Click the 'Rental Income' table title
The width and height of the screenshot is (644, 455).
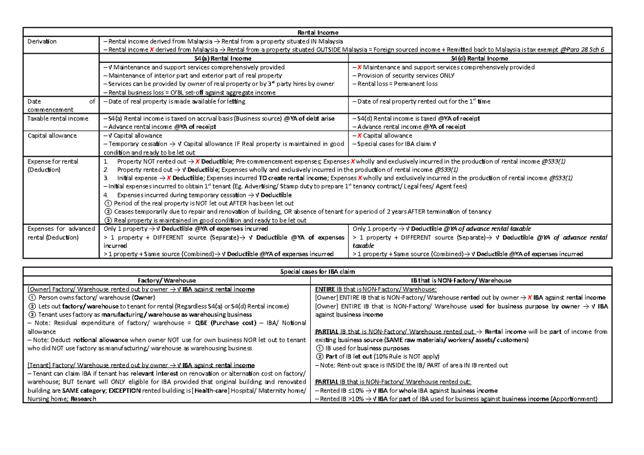[x=320, y=32]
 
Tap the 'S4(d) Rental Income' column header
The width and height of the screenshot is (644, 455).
[x=479, y=58]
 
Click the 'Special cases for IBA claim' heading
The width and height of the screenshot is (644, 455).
[x=320, y=272]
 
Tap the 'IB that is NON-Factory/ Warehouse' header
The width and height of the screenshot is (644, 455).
[x=461, y=280]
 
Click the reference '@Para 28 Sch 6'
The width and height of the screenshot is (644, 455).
[x=582, y=49]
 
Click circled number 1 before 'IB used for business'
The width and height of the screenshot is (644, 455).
[x=320, y=348]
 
